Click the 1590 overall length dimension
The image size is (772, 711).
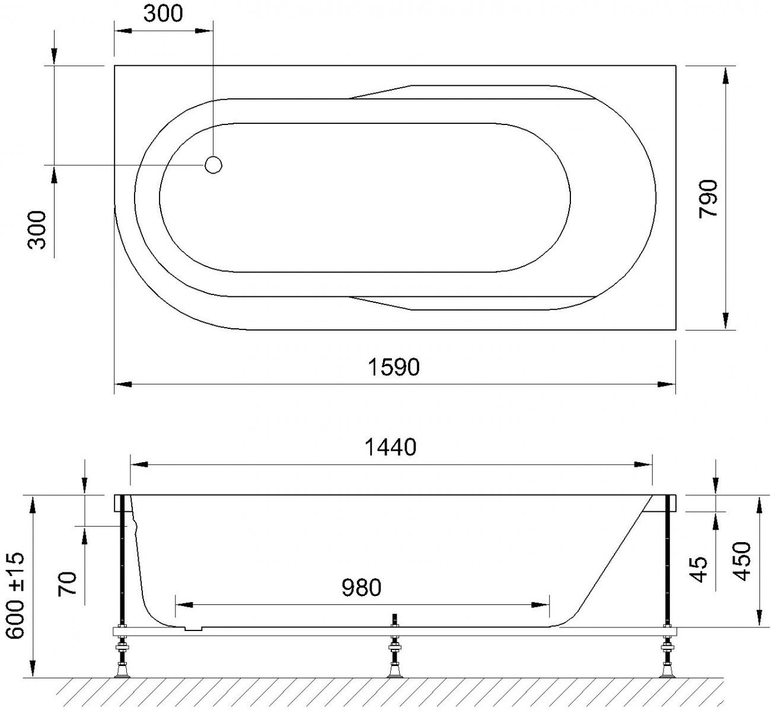(x=394, y=367)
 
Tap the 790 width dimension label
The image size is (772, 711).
(x=708, y=198)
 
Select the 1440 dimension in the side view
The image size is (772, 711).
(x=390, y=447)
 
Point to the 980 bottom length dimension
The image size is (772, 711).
(x=361, y=588)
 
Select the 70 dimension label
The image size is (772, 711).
(x=68, y=584)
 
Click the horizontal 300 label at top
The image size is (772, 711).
(x=163, y=14)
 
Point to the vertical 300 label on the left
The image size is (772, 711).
(x=37, y=230)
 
